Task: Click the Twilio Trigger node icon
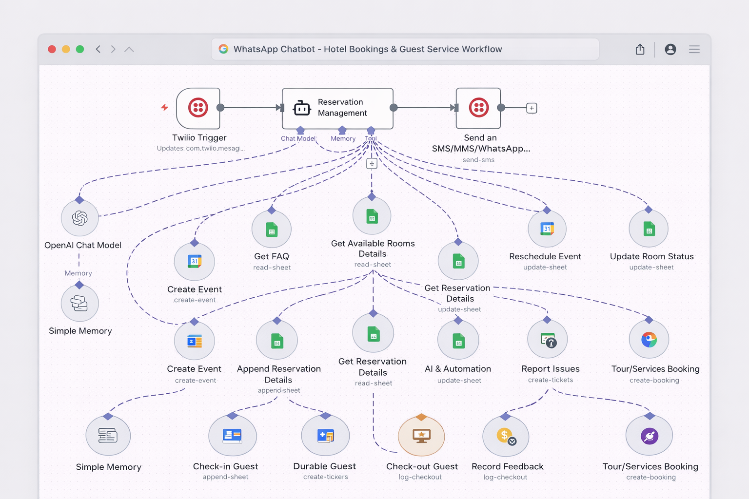pyautogui.click(x=198, y=108)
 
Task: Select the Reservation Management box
pyautogui.click(x=337, y=108)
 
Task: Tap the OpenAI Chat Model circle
pyautogui.click(x=79, y=218)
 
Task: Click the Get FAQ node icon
pyautogui.click(x=272, y=230)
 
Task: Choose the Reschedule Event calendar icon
pyautogui.click(x=547, y=229)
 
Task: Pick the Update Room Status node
pyautogui.click(x=649, y=229)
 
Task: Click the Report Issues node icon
pyautogui.click(x=548, y=340)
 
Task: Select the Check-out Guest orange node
pyautogui.click(x=421, y=436)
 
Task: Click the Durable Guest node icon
pyautogui.click(x=325, y=436)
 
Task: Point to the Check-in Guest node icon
pyautogui.click(x=232, y=436)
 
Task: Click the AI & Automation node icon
pyautogui.click(x=458, y=341)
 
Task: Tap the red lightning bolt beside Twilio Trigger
pyautogui.click(x=165, y=107)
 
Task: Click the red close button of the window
pyautogui.click(x=52, y=49)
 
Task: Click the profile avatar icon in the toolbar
pyautogui.click(x=670, y=49)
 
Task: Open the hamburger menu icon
pyautogui.click(x=694, y=49)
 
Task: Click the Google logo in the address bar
pyautogui.click(x=223, y=49)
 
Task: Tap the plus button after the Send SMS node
pyautogui.click(x=532, y=108)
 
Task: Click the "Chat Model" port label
pyautogui.click(x=298, y=138)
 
